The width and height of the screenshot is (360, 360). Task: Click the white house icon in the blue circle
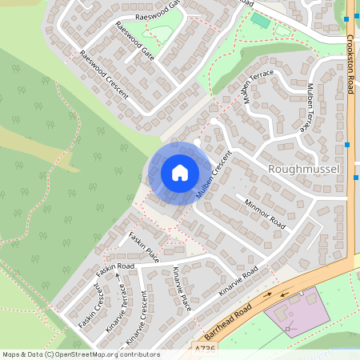click(x=180, y=172)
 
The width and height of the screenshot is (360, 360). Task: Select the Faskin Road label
click(x=114, y=266)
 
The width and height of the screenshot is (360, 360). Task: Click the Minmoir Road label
click(x=266, y=213)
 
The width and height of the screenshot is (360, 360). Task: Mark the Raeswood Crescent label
click(x=103, y=74)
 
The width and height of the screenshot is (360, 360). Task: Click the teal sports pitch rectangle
click(x=261, y=20)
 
